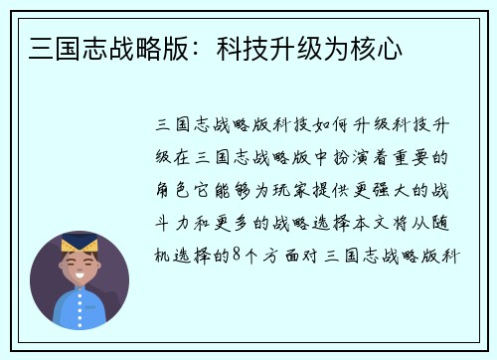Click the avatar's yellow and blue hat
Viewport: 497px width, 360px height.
[x=80, y=244]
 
